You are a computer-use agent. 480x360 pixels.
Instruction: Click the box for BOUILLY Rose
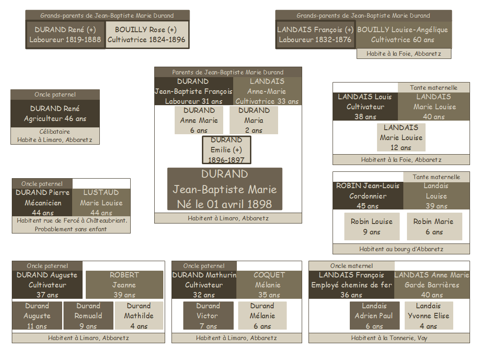(x=147, y=34)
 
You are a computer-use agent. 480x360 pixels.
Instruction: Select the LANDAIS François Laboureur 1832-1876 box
(x=315, y=34)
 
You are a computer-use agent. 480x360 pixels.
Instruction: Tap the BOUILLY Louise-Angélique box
(x=402, y=34)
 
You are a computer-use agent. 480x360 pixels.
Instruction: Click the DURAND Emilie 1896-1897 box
(x=226, y=150)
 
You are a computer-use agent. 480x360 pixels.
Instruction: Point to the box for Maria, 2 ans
(x=254, y=120)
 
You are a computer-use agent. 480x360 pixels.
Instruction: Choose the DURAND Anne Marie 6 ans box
(x=199, y=120)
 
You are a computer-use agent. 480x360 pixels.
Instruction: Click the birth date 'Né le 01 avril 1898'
(x=225, y=204)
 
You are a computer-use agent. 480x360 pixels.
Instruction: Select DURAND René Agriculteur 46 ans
(x=55, y=113)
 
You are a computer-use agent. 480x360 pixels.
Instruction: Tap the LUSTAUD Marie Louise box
(x=101, y=202)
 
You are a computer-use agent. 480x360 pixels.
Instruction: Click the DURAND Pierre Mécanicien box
(x=43, y=202)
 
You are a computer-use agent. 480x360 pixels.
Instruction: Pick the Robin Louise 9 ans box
(x=372, y=227)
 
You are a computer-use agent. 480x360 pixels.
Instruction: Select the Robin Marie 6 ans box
(x=434, y=227)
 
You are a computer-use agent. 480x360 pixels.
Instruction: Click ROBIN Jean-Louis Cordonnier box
(x=367, y=196)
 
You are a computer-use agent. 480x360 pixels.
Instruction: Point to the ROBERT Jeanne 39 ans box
(x=124, y=285)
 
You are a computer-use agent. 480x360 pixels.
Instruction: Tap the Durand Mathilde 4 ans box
(x=138, y=316)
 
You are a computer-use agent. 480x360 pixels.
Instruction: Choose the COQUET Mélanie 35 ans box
(x=269, y=285)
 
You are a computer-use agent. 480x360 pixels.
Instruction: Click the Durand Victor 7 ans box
(x=208, y=316)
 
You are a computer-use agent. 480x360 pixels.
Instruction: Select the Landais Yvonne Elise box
(x=428, y=316)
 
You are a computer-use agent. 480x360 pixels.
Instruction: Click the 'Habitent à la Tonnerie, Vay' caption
(x=389, y=338)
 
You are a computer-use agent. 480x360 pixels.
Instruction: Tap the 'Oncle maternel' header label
(x=352, y=266)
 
